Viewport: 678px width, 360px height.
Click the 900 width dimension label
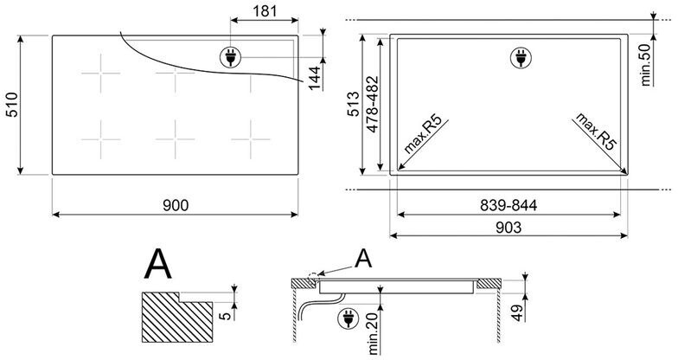click(x=176, y=205)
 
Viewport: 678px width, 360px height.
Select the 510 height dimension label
click(x=12, y=105)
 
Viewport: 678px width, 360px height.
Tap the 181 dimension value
click(x=265, y=10)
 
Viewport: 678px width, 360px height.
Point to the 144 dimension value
click(x=315, y=78)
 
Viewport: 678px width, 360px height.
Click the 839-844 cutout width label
click(x=508, y=205)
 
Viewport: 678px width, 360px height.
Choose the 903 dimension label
click(x=508, y=227)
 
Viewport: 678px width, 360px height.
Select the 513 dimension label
click(x=354, y=104)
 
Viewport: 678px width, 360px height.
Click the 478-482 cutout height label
click(x=372, y=104)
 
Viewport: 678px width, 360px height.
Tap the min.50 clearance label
click(x=647, y=65)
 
